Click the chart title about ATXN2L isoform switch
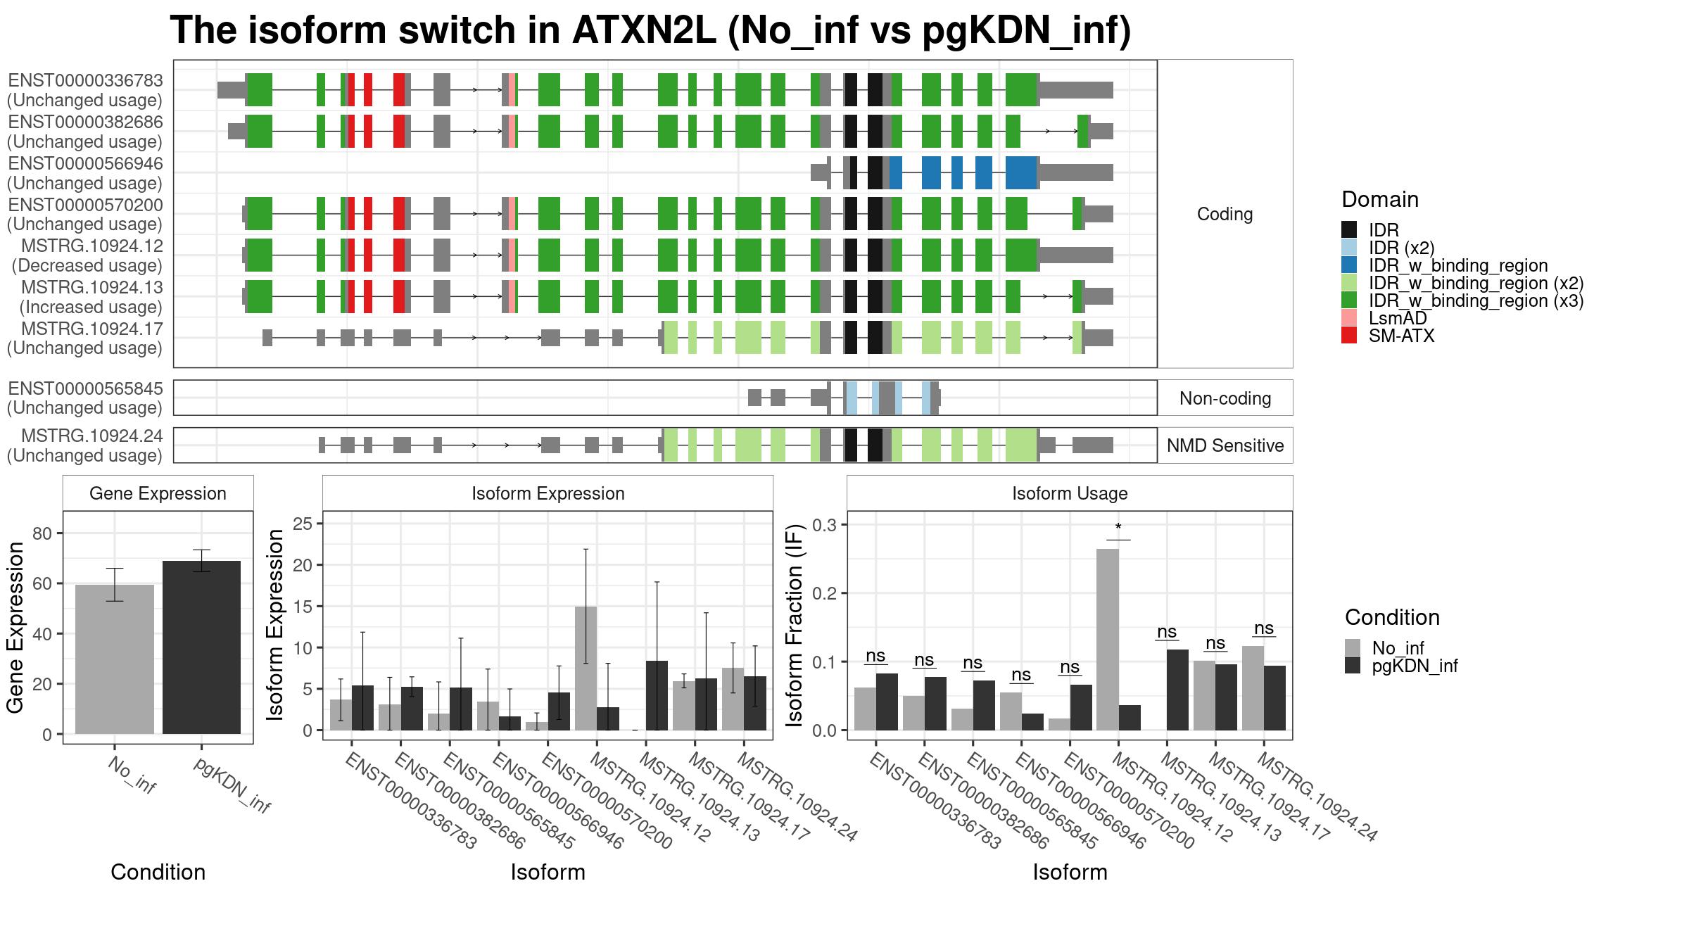pyautogui.click(x=650, y=30)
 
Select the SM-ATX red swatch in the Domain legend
pyautogui.click(x=1349, y=336)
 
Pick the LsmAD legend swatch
pyautogui.click(x=1349, y=318)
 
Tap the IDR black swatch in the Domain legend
pyautogui.click(x=1349, y=230)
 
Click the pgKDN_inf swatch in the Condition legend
pyautogui.click(x=1353, y=666)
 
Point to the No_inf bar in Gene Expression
pyautogui.click(x=115, y=659)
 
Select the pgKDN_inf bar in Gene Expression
pyautogui.click(x=201, y=647)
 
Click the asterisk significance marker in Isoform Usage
pyautogui.click(x=1118, y=528)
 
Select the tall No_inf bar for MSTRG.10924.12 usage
pyautogui.click(x=1108, y=640)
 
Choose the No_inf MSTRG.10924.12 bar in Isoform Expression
pyautogui.click(x=586, y=669)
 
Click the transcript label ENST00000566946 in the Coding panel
pyautogui.click(x=85, y=164)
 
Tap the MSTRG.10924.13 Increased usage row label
pyautogui.click(x=85, y=297)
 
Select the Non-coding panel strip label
pyautogui.click(x=1225, y=398)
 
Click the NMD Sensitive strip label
pyautogui.click(x=1225, y=445)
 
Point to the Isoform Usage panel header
pyautogui.click(x=1070, y=493)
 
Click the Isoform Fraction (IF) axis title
pyautogui.click(x=795, y=626)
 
